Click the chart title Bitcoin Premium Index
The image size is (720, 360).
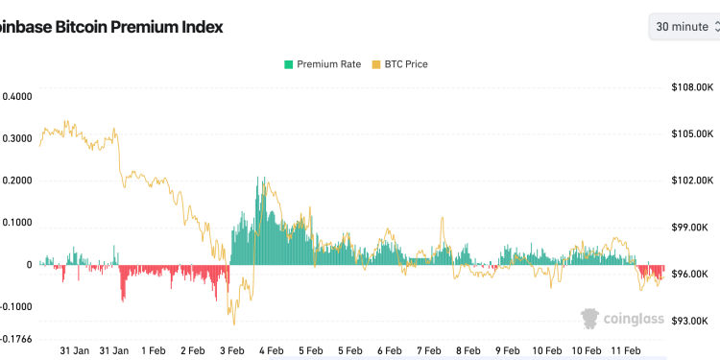click(111, 27)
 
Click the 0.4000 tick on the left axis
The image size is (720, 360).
click(17, 96)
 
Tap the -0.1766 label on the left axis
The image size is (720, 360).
click(15, 339)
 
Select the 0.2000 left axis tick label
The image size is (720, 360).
click(17, 180)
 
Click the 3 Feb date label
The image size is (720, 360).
click(231, 351)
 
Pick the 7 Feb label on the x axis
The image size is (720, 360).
click(428, 351)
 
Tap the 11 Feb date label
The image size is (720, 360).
click(625, 351)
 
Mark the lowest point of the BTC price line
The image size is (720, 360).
click(233, 324)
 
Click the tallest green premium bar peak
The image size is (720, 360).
click(257, 178)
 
